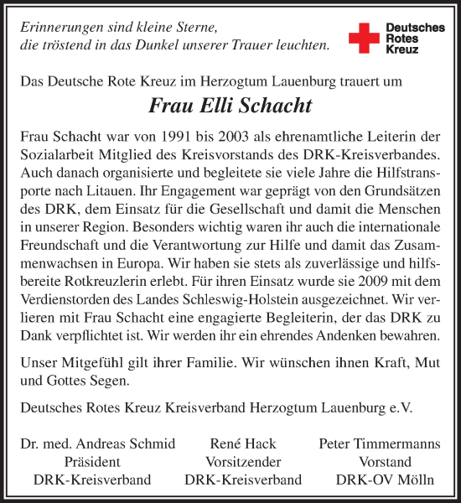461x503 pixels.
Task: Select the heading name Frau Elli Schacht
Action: point(230,106)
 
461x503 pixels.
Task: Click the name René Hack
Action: point(242,444)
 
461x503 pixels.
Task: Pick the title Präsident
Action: point(92,462)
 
